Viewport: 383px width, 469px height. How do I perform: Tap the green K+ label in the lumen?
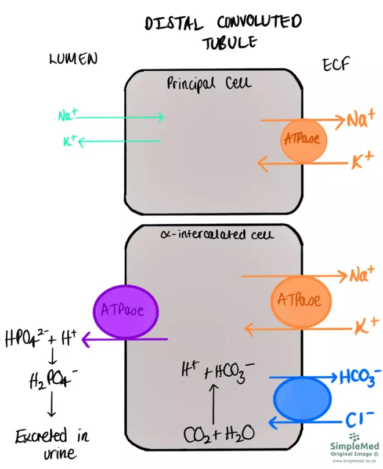(70, 141)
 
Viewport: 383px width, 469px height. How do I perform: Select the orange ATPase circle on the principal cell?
(302, 140)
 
